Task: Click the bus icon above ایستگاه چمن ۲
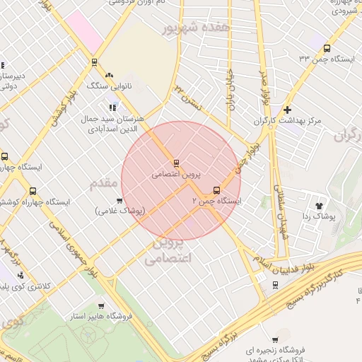pyautogui.click(x=216, y=189)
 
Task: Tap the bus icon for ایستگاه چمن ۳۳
pyautogui.click(x=326, y=48)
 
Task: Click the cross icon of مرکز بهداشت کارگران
pyautogui.click(x=286, y=110)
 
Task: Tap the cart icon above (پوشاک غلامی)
pyautogui.click(x=108, y=200)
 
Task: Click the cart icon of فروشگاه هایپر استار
pyautogui.click(x=101, y=305)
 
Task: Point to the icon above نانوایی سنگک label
pyautogui.click(x=108, y=74)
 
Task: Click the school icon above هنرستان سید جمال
pyautogui.click(x=112, y=107)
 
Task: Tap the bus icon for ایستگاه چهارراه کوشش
pyautogui.click(x=33, y=191)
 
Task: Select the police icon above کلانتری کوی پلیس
pyautogui.click(x=20, y=274)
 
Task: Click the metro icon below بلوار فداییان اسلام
pyautogui.click(x=275, y=284)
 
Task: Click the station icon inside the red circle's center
pyautogui.click(x=176, y=162)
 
